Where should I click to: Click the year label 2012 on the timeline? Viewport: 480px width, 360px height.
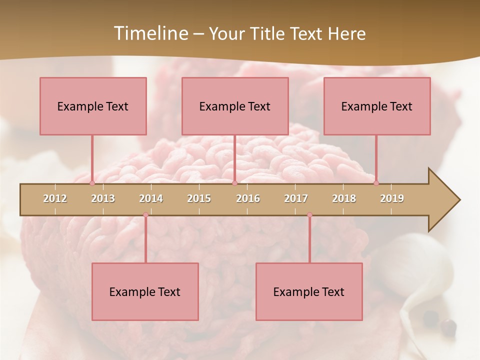[55, 198]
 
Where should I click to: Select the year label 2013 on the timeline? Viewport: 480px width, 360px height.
[103, 198]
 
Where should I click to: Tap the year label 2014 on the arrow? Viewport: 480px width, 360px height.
[151, 198]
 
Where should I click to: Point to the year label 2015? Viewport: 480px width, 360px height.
[199, 198]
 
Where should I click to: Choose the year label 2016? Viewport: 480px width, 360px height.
[248, 198]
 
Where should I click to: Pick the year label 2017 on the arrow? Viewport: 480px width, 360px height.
[296, 198]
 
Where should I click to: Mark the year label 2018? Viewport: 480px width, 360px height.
[344, 198]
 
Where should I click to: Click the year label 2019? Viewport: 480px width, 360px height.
[392, 198]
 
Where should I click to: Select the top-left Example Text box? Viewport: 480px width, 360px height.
[93, 106]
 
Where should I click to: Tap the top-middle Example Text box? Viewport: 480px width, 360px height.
[235, 106]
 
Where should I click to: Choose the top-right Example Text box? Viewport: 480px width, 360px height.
[377, 106]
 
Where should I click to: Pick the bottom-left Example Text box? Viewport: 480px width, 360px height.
[145, 291]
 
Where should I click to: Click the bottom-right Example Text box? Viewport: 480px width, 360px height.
[309, 291]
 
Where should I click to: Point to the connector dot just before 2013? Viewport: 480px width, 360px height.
[92, 183]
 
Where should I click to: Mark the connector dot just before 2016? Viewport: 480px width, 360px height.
[234, 183]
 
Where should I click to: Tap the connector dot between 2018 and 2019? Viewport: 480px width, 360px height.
[376, 183]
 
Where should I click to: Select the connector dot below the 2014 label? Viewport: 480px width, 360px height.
[145, 215]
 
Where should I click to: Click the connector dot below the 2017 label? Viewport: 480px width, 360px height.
[309, 215]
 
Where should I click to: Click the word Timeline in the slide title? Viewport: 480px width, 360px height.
[149, 33]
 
